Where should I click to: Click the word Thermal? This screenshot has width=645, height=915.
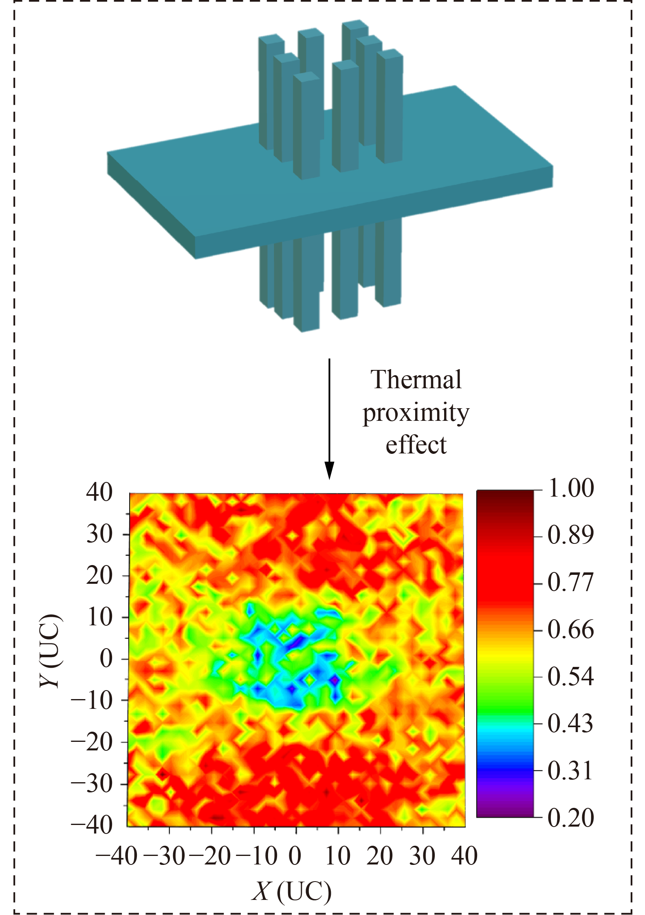click(x=416, y=380)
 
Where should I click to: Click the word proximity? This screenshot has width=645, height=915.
click(x=416, y=414)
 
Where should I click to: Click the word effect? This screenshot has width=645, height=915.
click(x=416, y=445)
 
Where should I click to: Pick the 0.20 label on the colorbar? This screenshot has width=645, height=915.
click(x=571, y=818)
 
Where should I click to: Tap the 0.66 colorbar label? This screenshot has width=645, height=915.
click(x=571, y=630)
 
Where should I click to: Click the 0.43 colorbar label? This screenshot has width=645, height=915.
click(x=571, y=724)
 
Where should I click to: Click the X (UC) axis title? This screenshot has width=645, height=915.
click(x=292, y=891)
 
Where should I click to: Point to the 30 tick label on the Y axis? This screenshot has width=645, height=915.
click(x=99, y=534)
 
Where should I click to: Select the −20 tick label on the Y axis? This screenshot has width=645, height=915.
click(x=92, y=742)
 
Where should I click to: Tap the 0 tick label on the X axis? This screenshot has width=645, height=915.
click(x=295, y=856)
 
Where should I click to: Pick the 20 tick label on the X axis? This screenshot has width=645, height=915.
click(x=379, y=856)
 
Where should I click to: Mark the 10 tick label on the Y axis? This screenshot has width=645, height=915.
click(x=99, y=617)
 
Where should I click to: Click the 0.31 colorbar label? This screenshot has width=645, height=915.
click(x=571, y=771)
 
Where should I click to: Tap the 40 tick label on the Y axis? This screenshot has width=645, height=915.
click(x=99, y=493)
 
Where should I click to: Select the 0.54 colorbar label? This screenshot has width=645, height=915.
click(x=571, y=677)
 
